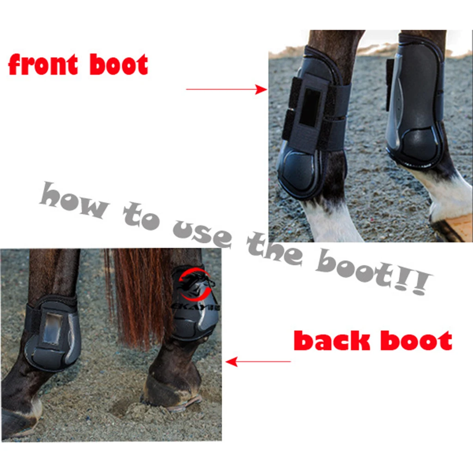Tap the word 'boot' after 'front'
[119, 65]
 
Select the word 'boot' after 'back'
[416, 341]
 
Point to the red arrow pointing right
[226, 89]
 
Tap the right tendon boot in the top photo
[416, 102]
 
